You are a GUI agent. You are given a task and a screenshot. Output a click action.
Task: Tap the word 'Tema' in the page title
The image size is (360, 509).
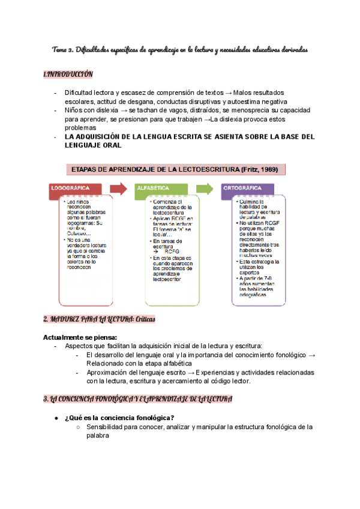[61, 50]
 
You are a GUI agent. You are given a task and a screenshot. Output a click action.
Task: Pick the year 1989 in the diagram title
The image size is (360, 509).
[269, 169]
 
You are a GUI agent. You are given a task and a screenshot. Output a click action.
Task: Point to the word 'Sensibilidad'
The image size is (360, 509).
[109, 427]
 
